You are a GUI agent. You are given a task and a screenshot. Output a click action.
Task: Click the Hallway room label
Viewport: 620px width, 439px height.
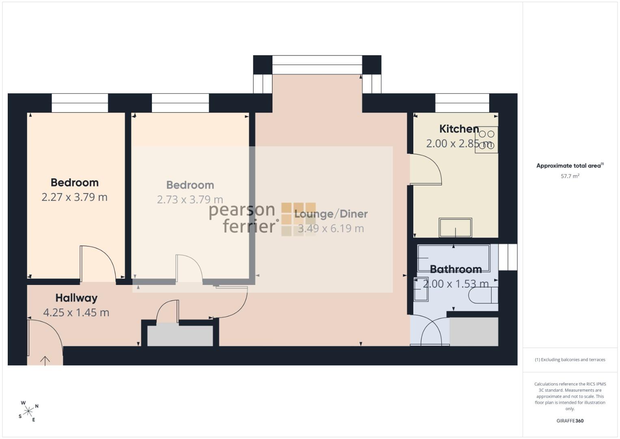click(x=76, y=298)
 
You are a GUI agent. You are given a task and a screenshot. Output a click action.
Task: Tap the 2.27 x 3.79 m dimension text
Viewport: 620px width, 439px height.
click(x=74, y=197)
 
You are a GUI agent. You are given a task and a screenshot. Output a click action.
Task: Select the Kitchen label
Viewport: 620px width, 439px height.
click(x=459, y=129)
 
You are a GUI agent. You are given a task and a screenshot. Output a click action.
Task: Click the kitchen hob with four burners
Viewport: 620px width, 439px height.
click(x=486, y=140)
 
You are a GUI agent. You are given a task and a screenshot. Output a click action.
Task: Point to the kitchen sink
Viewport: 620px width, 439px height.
click(x=455, y=228)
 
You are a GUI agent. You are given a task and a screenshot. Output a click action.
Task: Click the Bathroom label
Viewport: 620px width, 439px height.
click(x=456, y=269)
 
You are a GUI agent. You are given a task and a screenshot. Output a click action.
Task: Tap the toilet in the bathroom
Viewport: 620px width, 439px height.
click(x=483, y=295)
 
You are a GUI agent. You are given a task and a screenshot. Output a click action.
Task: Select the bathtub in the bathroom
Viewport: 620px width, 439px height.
click(x=454, y=258)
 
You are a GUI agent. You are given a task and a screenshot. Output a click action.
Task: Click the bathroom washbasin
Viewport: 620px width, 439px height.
click(x=421, y=289)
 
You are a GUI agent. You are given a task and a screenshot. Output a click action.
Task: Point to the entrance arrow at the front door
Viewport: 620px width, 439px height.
click(x=45, y=361)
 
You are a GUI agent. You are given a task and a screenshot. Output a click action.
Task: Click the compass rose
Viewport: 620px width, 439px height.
click(x=28, y=411)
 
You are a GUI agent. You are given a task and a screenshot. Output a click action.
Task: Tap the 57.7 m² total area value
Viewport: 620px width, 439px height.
click(x=570, y=176)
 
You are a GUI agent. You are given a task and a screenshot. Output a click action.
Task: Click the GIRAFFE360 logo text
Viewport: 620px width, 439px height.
click(x=570, y=421)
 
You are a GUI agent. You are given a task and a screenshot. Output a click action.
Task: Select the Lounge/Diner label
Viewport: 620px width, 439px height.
click(x=331, y=214)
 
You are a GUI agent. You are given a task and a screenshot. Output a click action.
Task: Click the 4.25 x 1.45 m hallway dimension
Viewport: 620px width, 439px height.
click(x=76, y=313)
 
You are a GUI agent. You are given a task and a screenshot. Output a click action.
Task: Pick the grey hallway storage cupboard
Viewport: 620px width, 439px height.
click(x=180, y=336)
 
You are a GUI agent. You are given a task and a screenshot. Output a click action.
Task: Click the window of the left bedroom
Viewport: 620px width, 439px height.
click(x=80, y=103)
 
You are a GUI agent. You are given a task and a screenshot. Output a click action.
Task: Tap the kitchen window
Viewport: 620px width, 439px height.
click(x=462, y=103)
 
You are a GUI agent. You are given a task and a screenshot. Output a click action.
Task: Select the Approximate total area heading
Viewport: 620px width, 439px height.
click(x=570, y=165)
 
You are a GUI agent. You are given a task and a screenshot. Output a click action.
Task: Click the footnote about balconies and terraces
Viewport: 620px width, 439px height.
click(x=570, y=359)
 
